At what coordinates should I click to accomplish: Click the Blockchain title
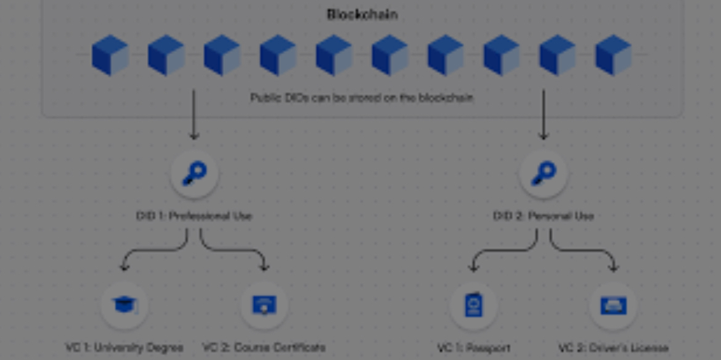point(362,14)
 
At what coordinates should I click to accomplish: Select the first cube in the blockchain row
point(110,55)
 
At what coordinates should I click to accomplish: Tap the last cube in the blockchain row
point(613,55)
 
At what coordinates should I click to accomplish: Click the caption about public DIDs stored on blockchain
point(362,97)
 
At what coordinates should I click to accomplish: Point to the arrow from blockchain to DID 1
point(193,114)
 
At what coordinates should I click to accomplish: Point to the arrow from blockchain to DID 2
point(543,114)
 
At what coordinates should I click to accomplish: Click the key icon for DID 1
point(194,174)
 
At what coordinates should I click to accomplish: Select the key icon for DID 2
point(543,174)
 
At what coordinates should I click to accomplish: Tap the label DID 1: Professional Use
point(194,216)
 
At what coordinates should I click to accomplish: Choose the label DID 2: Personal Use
point(543,216)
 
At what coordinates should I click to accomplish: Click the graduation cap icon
point(124,305)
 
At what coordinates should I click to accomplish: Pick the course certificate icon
point(264,305)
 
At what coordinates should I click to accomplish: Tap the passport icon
point(473,305)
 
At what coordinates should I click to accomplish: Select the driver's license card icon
point(613,305)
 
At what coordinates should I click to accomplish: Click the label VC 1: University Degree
point(124,348)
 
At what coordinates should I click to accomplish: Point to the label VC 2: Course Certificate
point(264,348)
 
